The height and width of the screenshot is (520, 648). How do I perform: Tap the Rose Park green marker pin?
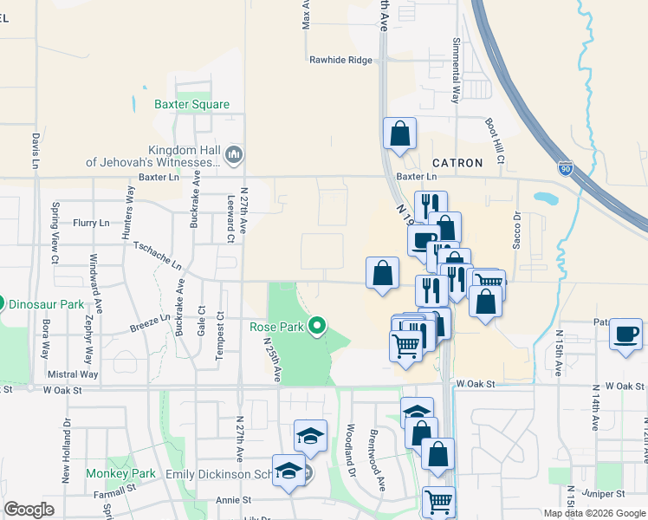click(318, 326)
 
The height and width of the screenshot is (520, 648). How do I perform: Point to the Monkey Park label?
click(120, 474)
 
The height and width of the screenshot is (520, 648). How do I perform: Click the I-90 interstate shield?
click(565, 167)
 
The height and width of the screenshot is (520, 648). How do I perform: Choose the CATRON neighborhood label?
click(457, 163)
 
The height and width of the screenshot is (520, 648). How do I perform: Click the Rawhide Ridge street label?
click(340, 61)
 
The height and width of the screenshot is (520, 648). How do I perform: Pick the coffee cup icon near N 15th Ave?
click(626, 334)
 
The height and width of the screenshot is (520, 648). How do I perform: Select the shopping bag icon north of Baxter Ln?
click(399, 133)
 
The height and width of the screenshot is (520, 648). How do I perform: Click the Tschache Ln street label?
click(158, 253)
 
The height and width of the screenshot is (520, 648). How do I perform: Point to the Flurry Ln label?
click(92, 223)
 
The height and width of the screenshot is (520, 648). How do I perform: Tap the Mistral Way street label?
click(73, 374)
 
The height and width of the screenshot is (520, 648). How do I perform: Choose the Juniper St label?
click(604, 493)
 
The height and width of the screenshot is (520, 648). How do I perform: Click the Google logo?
click(29, 510)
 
